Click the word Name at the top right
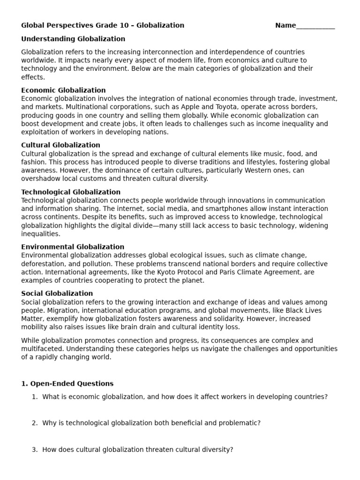pyautogui.click(x=285, y=25)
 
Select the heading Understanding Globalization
pyautogui.click(x=73, y=39)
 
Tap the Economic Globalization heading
pyautogui.click(x=63, y=90)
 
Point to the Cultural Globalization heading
pyautogui.click(x=60, y=145)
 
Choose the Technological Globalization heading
pyautogui.click(x=71, y=192)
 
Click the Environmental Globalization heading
pyautogui.click(x=73, y=247)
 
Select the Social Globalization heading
pyautogui.click(x=57, y=293)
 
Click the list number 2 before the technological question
pyautogui.click(x=34, y=423)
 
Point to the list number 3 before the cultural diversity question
pyautogui.click(x=34, y=449)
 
